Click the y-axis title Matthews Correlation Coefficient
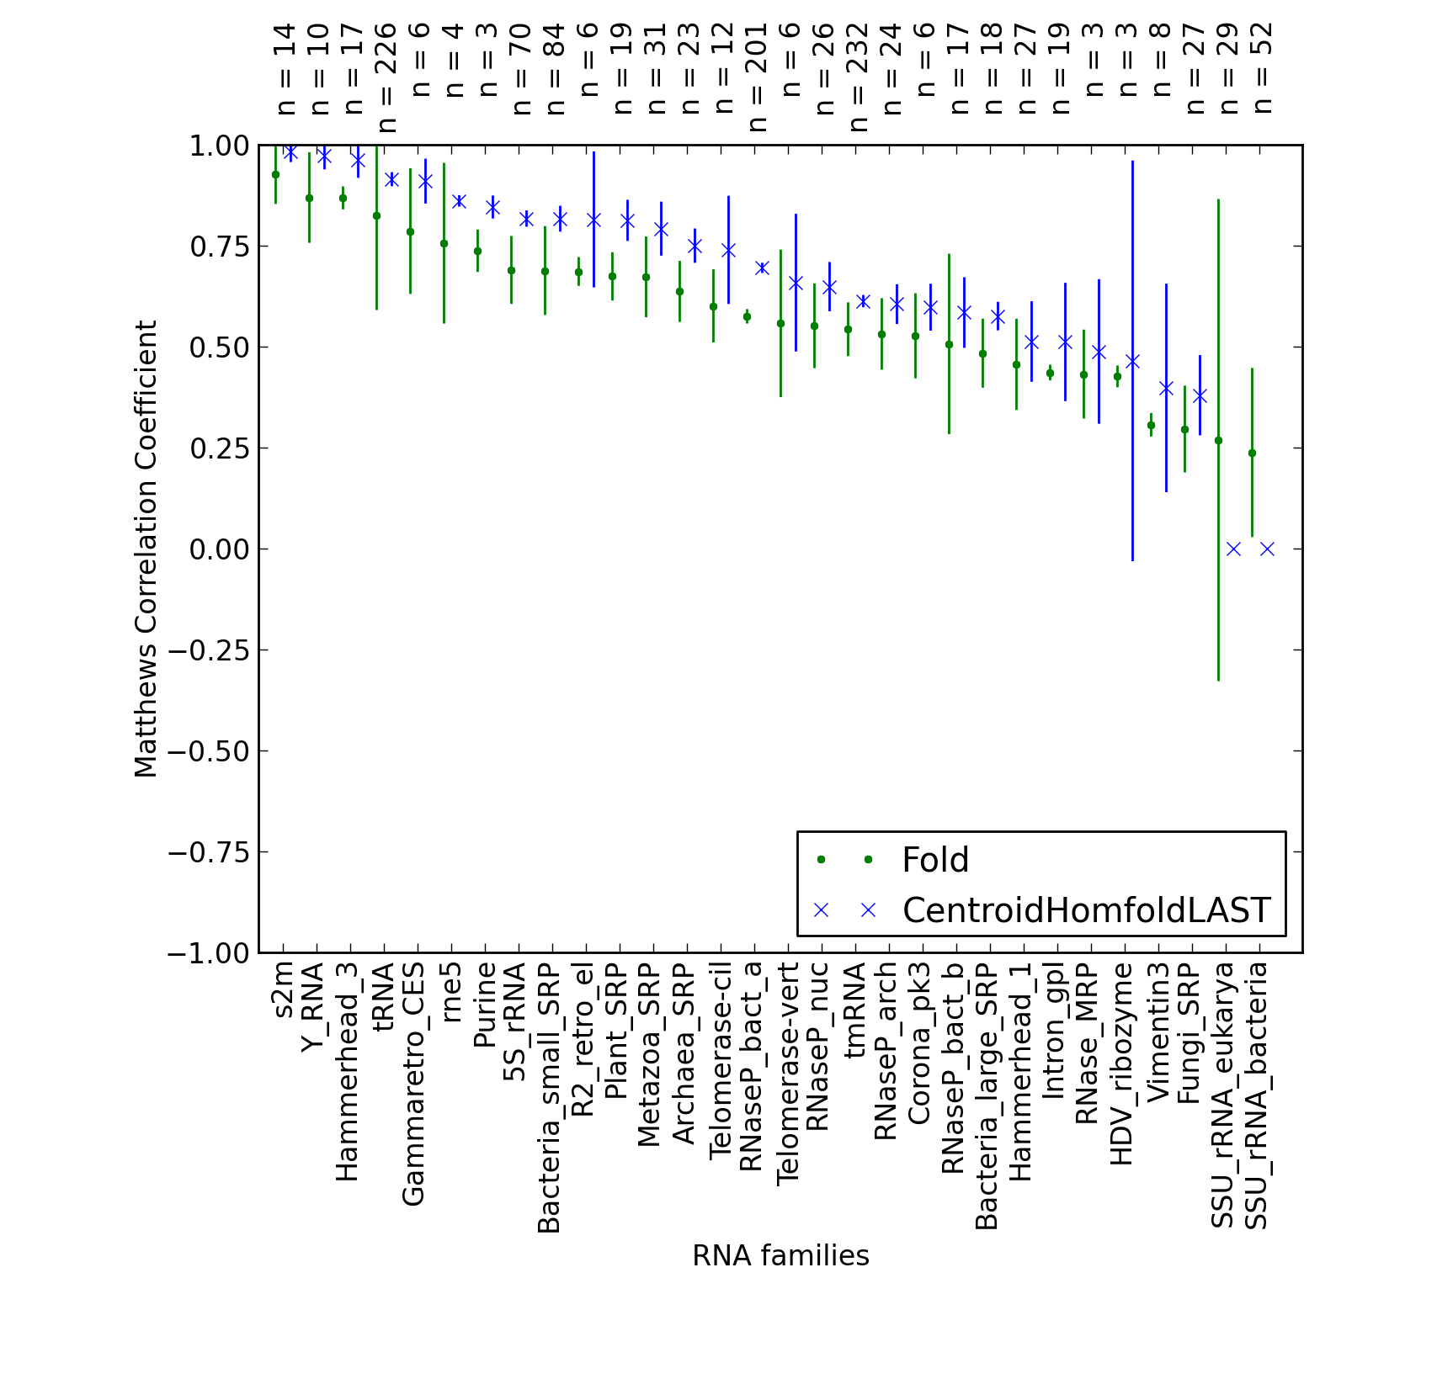tap(146, 549)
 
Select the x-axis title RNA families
tap(780, 1256)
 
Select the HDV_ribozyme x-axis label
tap(1124, 1065)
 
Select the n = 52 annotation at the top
tap(1262, 67)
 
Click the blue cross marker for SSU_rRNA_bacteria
tap(1267, 549)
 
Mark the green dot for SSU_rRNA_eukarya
tap(1218, 440)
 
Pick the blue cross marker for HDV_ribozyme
tap(1132, 362)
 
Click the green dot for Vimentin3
tap(1151, 426)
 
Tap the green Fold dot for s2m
tap(275, 174)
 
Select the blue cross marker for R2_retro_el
tap(593, 220)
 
